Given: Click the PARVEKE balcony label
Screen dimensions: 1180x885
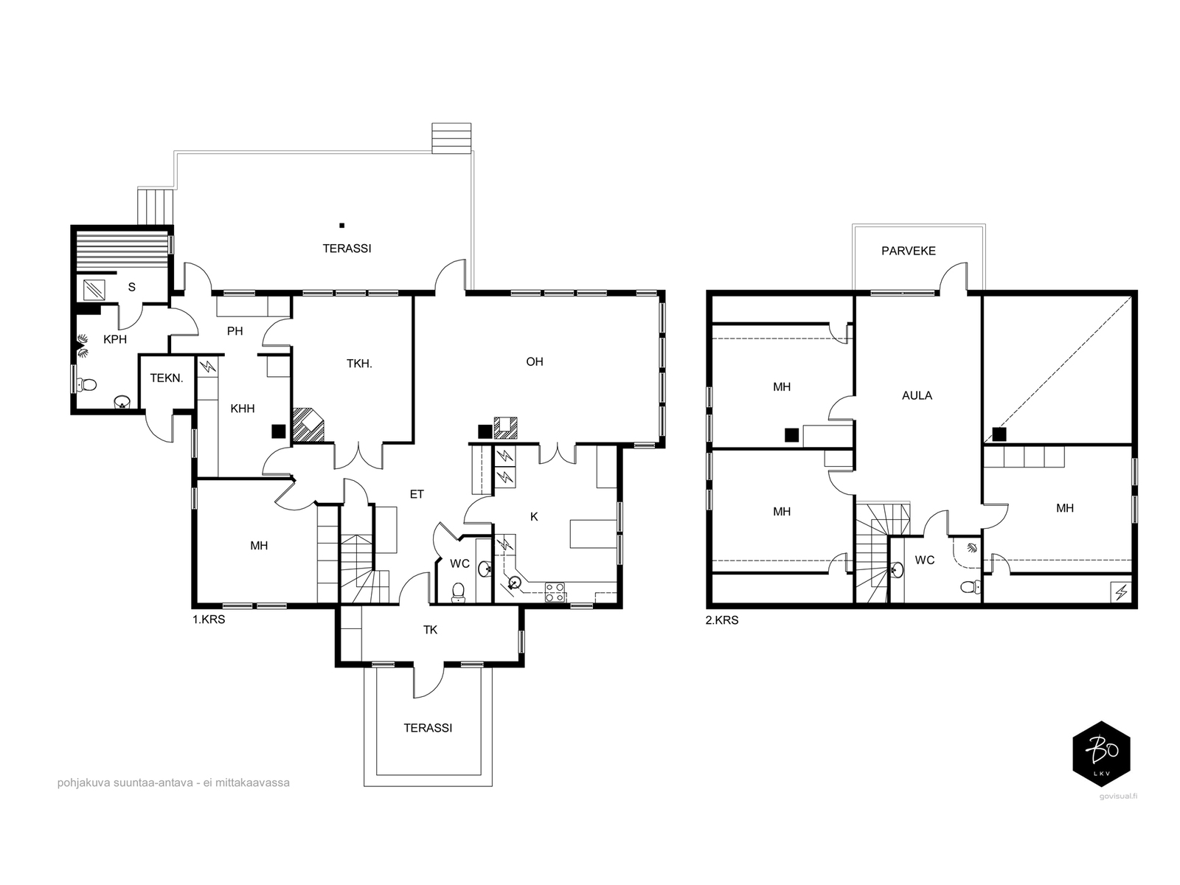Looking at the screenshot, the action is coord(908,251).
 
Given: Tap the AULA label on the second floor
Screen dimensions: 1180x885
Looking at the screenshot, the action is coord(917,396).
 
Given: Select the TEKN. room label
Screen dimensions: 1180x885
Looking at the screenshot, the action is coord(167,378).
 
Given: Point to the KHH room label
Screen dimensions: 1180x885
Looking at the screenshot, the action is coord(243,409).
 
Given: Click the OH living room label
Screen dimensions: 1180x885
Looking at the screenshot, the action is coord(535,361).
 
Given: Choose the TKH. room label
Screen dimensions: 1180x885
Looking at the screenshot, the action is coord(359,364).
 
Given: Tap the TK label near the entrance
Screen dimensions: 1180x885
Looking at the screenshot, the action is coord(430,630).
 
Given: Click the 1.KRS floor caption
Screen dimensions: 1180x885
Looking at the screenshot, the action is coord(209,619).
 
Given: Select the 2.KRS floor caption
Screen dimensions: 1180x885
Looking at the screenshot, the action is coord(722,621).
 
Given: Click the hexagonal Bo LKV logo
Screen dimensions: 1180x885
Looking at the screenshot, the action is coord(1101,754).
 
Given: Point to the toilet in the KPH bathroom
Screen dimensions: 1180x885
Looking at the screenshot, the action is coord(86,385).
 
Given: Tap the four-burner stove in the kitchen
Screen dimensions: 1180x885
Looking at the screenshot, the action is coord(555,592).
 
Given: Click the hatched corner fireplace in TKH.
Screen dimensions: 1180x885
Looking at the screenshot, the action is coord(308,425).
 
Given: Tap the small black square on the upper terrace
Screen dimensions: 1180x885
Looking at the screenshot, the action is coord(342,226).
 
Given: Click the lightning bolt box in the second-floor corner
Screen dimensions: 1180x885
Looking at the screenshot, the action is coord(1121,593).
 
